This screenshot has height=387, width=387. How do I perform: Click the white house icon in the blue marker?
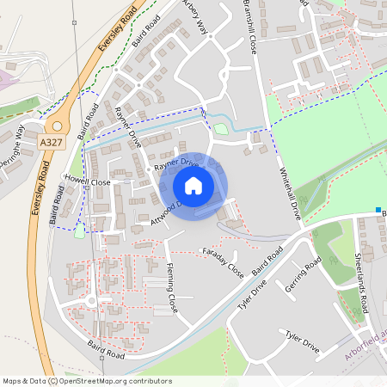[x=193, y=186]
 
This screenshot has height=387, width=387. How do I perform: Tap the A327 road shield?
[x=51, y=138]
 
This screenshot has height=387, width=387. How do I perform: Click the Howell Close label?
[x=88, y=182]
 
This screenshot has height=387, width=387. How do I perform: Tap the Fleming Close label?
[x=171, y=287]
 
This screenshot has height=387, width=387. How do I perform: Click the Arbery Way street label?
[x=196, y=16]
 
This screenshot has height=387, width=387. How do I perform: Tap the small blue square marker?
[x=378, y=209]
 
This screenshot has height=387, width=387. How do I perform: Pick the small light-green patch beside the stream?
[x=221, y=129]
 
